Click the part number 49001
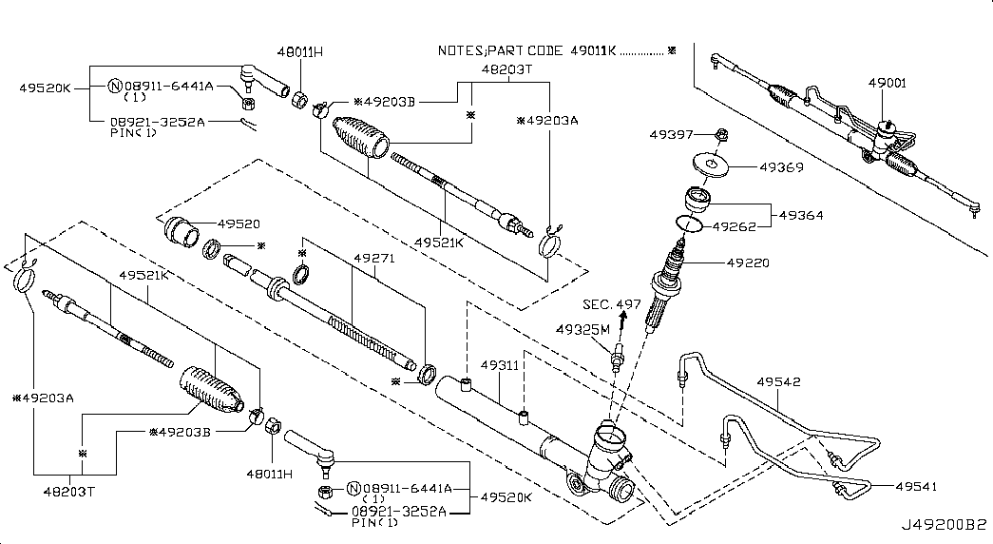[x=887, y=84]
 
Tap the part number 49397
[x=671, y=136]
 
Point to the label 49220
[x=748, y=262]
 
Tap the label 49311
[x=499, y=365]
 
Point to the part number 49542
[x=778, y=382]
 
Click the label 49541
[x=916, y=486]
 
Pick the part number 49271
[x=372, y=257]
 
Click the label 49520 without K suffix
[x=239, y=223]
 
